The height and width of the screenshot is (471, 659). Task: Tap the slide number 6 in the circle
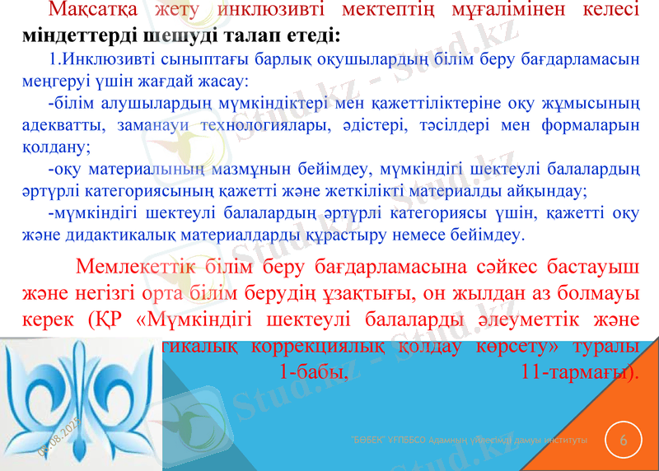click(x=623, y=441)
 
